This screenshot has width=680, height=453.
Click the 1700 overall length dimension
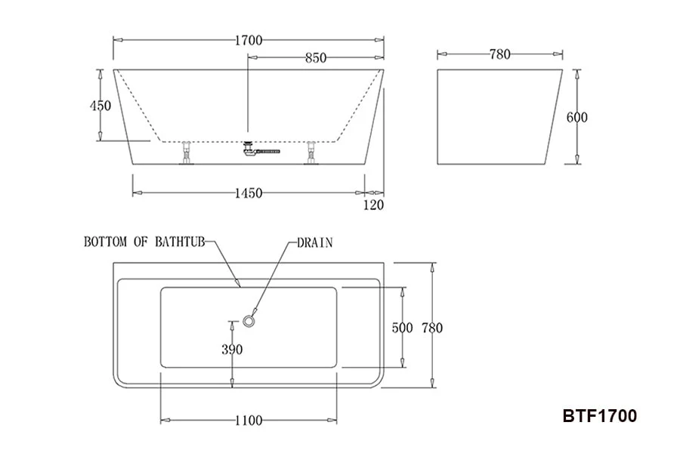(248, 41)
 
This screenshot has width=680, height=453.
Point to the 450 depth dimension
(100, 106)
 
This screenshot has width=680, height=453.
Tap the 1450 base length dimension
(248, 193)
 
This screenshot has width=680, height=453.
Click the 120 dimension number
(374, 205)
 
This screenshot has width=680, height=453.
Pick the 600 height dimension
(576, 117)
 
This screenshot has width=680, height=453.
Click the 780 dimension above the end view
(500, 54)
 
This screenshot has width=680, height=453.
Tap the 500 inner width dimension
(402, 328)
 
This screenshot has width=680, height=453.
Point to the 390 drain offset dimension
(232, 349)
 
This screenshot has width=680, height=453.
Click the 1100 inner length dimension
(248, 421)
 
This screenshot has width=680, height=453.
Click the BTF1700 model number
(599, 416)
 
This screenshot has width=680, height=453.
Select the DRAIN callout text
(314, 242)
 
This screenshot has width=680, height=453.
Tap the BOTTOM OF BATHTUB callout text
(144, 242)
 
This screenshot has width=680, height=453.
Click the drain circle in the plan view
(249, 322)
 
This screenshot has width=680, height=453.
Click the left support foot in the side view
(186, 154)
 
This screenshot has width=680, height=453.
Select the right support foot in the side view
(311, 154)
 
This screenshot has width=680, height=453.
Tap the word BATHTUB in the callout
(180, 242)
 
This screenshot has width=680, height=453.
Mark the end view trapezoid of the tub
(499, 117)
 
